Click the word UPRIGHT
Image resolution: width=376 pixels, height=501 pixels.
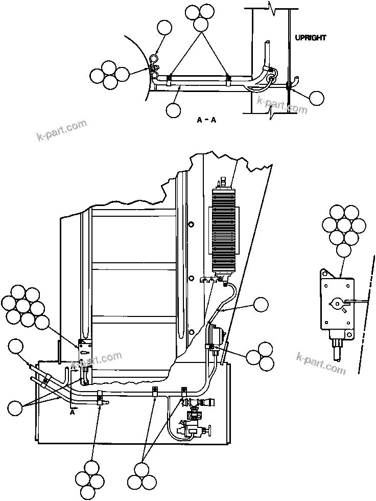click(311, 38)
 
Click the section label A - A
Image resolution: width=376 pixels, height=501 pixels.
click(207, 120)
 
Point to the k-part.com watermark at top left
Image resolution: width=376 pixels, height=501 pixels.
click(62, 131)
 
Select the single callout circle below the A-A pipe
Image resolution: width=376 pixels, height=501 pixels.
click(173, 109)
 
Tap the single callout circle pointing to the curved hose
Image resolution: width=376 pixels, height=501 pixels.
click(261, 305)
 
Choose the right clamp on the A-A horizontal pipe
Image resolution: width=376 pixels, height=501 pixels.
click(229, 79)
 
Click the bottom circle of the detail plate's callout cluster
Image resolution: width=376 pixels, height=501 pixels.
click(344, 249)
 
